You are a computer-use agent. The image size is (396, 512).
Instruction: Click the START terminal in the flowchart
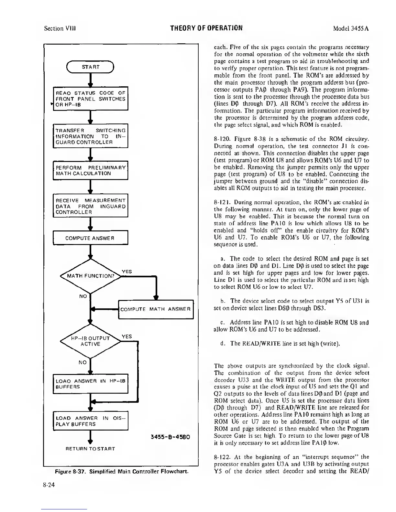(91, 67)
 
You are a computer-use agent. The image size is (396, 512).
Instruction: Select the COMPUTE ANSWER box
(91, 238)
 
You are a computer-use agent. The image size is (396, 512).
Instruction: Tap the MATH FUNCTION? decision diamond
(91, 276)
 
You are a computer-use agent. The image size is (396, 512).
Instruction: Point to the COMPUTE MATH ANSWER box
(156, 309)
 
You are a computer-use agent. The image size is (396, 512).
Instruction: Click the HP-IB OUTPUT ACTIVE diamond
(91, 341)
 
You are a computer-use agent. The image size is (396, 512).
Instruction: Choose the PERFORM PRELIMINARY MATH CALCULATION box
(91, 171)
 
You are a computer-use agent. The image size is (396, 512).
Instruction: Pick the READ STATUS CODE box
(91, 99)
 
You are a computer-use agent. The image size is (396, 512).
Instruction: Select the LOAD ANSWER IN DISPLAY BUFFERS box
(91, 421)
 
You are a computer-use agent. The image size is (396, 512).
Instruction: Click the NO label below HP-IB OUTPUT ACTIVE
(83, 362)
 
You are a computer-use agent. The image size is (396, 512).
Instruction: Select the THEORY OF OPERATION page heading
(206, 27)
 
